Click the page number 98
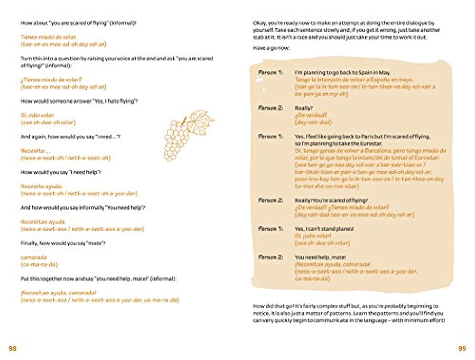click(x=12, y=348)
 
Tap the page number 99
click(x=462, y=348)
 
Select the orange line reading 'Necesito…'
click(x=35, y=151)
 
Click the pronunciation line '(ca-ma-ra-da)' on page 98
click(x=39, y=264)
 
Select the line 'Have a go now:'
click(x=271, y=48)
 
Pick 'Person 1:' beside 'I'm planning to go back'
click(x=270, y=73)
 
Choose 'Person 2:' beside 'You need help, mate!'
click(x=270, y=257)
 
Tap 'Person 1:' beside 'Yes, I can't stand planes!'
click(x=270, y=229)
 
